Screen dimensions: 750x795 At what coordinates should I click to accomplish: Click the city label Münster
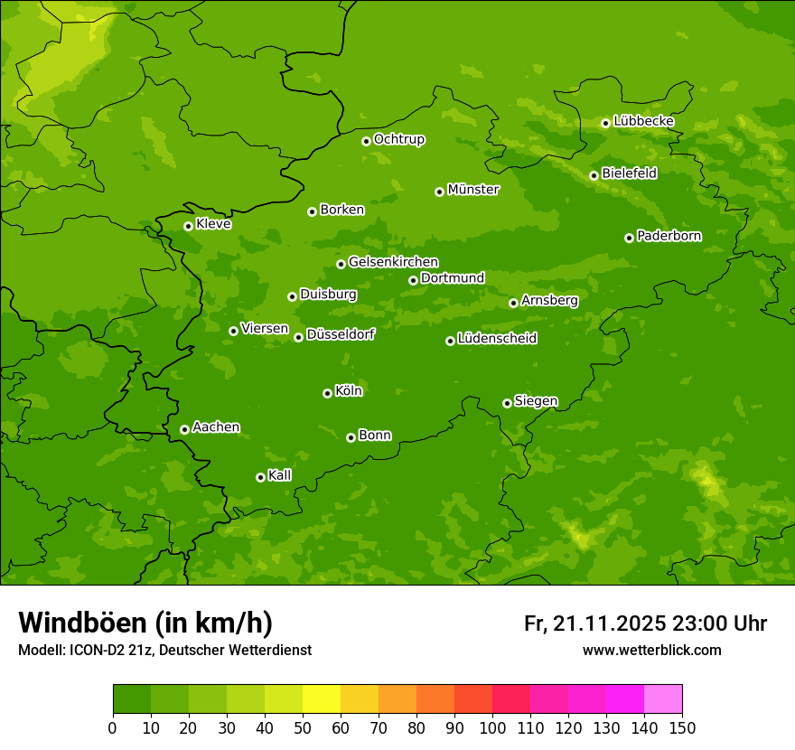coord(473,190)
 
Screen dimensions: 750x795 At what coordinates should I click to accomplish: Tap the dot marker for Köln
coord(327,393)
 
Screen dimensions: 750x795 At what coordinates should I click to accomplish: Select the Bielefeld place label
coord(629,173)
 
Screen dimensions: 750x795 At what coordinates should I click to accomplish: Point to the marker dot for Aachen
coord(184,429)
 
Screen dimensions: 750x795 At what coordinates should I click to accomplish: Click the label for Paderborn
coord(669,236)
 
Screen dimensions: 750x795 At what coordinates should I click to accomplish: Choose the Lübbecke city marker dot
coord(605,123)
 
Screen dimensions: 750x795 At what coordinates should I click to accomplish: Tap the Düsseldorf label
coord(340,334)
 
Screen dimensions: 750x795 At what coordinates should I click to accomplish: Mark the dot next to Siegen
coord(507,403)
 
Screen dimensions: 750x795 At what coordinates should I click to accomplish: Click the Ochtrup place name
coord(398,139)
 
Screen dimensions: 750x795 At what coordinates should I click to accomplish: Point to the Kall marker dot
coord(260,477)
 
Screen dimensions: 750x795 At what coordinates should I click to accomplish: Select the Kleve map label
coord(213,224)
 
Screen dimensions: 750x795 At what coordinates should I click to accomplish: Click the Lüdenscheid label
coord(497,339)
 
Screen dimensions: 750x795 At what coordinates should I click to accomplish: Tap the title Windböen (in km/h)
coord(145,623)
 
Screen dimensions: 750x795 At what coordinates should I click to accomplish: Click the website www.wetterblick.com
coord(651,650)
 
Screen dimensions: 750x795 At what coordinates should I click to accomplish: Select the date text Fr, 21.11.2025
coord(594,623)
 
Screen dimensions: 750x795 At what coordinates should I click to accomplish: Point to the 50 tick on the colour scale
coord(303,727)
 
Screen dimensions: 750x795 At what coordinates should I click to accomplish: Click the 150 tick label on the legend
coord(682,727)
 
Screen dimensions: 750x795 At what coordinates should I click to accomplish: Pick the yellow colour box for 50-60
coord(322,699)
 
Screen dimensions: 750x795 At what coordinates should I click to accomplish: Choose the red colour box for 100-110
coord(511,699)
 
